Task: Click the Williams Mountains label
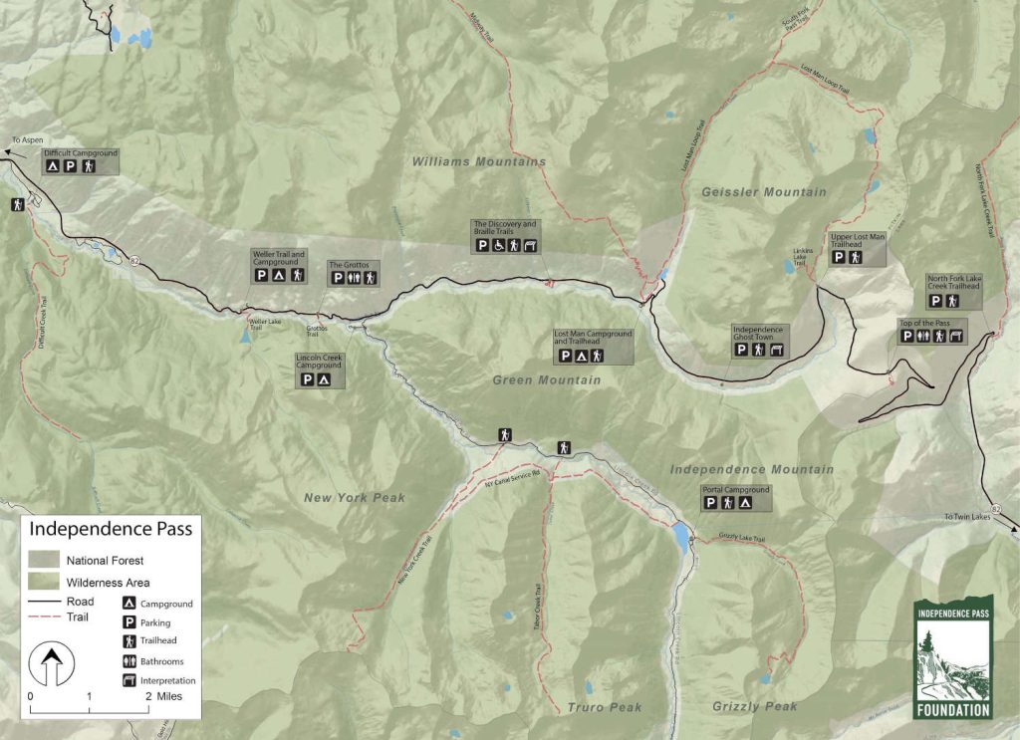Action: (479, 161)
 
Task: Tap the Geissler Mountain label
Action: (764, 192)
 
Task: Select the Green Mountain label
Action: (547, 380)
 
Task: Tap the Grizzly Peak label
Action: (755, 707)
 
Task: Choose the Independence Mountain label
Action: (752, 469)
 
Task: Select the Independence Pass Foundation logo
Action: (953, 658)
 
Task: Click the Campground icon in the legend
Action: (128, 604)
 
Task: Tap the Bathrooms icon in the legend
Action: (128, 660)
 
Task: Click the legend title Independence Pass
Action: (111, 529)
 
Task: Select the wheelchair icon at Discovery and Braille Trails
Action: (498, 245)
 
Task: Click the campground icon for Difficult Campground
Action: (52, 167)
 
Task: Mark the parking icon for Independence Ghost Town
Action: (742, 349)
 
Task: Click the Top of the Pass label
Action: (921, 323)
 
